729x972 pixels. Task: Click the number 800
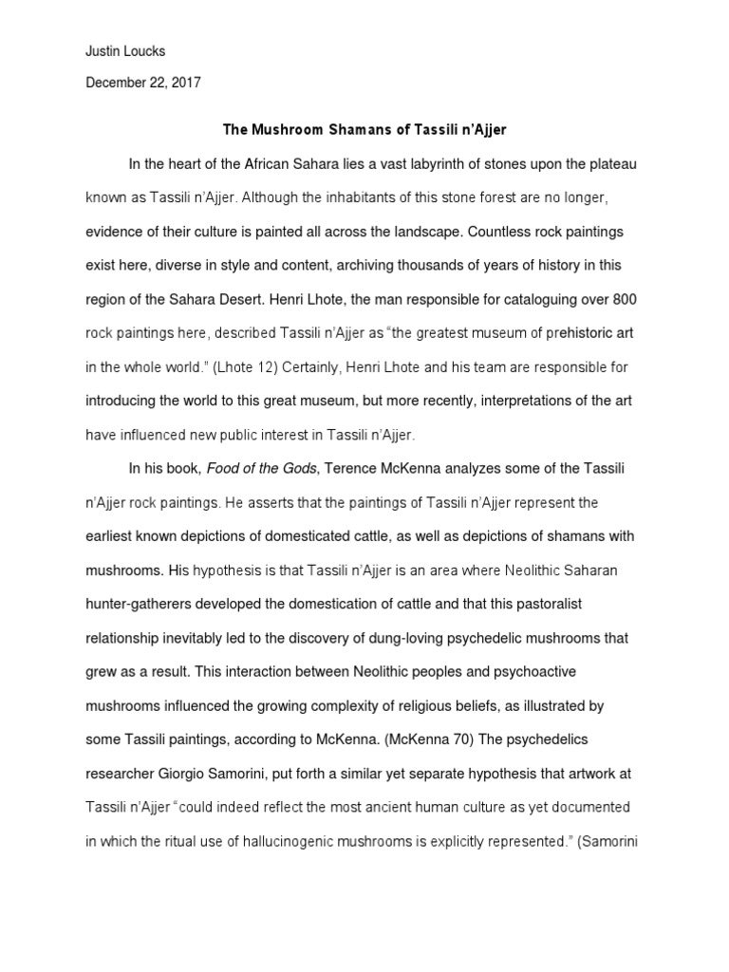click(625, 299)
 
